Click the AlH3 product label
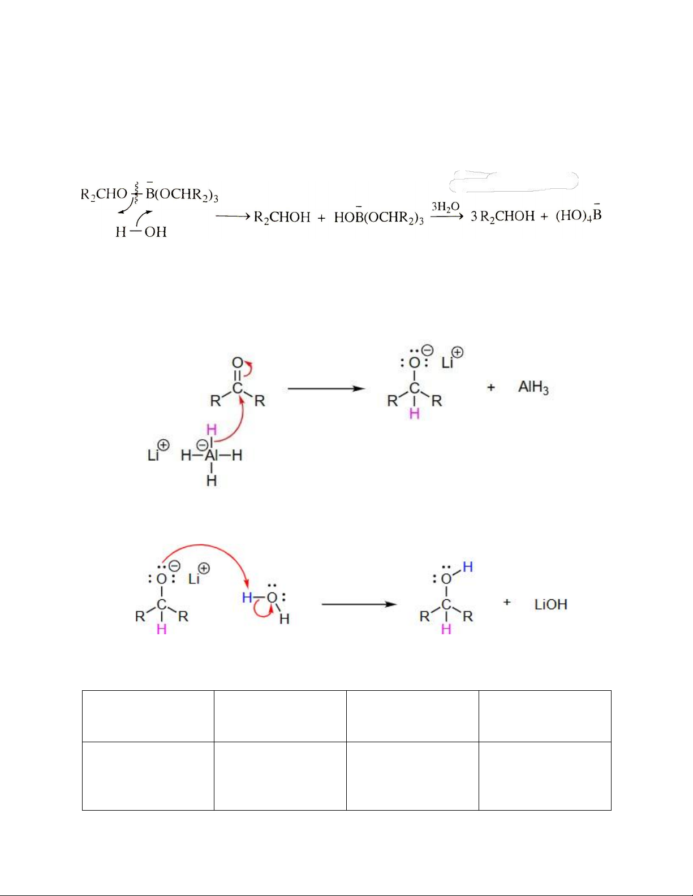click(533, 387)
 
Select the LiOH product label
click(550, 604)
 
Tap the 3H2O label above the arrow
click(445, 206)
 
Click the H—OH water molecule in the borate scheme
click(141, 232)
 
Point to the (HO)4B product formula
click(578, 215)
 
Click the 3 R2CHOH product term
click(502, 217)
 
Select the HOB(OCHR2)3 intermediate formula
click(378, 218)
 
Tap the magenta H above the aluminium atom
click(212, 430)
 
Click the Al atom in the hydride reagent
click(211, 455)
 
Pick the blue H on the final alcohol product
click(467, 566)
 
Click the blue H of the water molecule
click(247, 598)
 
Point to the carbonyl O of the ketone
click(238, 363)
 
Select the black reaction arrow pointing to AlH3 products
click(326, 388)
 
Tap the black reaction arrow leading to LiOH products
click(359, 604)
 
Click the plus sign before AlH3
click(490, 387)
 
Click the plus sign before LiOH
click(507, 603)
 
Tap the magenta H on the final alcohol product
click(446, 629)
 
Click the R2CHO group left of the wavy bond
click(104, 194)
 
